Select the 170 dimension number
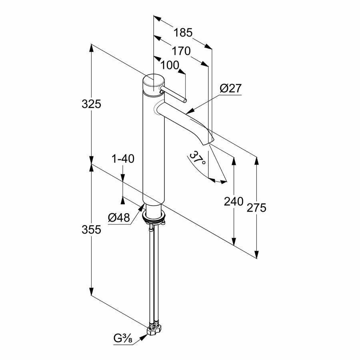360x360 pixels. point(181,51)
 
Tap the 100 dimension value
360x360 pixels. point(170,65)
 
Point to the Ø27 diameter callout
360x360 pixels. point(231,88)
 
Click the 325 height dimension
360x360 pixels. point(91,104)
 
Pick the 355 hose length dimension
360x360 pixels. point(91,230)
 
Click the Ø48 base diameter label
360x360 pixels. point(119,218)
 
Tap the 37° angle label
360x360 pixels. point(198,159)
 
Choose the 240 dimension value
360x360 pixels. point(234,201)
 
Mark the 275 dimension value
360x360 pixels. point(256,207)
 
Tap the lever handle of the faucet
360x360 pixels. point(174,95)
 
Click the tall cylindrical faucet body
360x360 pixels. point(154,152)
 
